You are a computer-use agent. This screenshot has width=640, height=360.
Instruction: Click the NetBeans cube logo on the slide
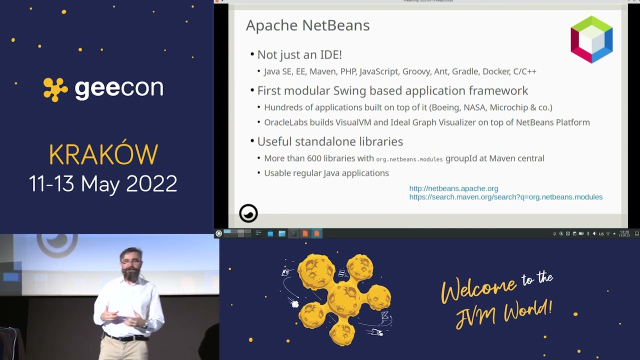591,39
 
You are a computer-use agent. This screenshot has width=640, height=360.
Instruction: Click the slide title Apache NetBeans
307,25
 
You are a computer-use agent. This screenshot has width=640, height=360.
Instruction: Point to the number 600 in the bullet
314,158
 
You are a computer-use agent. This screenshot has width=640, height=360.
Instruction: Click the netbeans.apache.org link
453,188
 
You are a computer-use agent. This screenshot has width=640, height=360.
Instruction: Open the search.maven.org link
505,197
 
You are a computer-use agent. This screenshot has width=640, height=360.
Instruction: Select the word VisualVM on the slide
356,122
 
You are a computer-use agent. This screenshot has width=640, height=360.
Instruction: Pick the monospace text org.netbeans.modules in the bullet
409,159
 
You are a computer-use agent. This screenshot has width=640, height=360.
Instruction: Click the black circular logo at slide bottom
248,213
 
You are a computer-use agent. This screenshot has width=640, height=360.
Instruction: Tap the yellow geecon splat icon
55,89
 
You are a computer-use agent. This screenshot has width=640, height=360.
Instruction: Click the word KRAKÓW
103,155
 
